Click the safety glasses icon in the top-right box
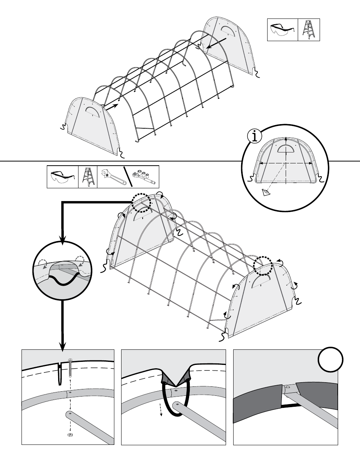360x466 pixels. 282,30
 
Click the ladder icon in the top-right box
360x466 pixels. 309,30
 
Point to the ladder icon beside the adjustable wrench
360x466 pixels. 88,177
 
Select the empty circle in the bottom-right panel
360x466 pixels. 330,360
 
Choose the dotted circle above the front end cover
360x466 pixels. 263,266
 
